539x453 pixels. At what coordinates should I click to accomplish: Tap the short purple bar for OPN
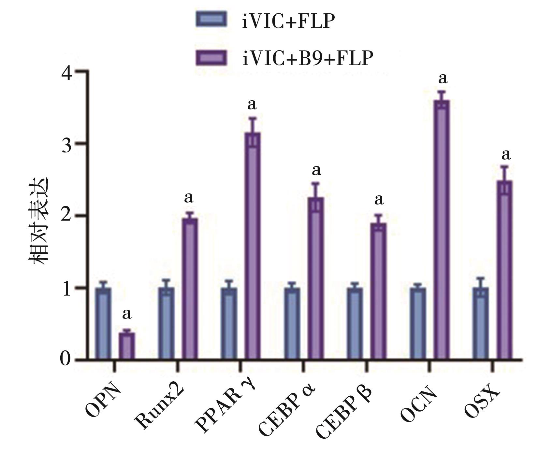click(126, 346)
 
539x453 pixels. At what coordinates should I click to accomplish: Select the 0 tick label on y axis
click(66, 359)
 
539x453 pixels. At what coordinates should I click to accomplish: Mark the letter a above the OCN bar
click(443, 78)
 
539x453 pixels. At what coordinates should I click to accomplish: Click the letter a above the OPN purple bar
click(127, 314)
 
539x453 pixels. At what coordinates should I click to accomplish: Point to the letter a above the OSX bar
click(505, 155)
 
